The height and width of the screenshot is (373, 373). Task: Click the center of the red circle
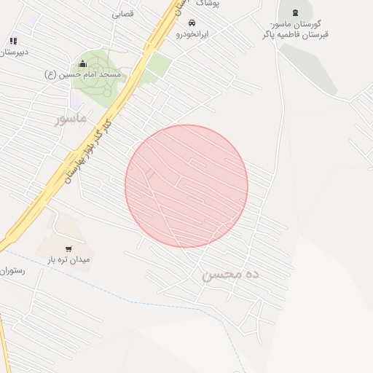(186, 186)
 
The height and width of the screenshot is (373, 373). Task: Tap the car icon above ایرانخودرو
(192, 23)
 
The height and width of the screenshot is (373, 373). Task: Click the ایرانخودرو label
(192, 34)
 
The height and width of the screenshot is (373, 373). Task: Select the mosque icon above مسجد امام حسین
(82, 63)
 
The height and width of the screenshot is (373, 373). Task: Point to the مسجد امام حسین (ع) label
(86, 74)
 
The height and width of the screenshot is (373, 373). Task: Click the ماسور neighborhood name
(70, 117)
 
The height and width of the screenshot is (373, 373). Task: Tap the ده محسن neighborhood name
(231, 275)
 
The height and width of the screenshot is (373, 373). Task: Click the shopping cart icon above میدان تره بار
(68, 248)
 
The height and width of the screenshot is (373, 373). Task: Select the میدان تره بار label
(69, 259)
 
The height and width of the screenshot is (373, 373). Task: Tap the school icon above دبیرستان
(12, 42)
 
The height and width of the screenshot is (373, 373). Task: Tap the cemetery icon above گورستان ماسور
(294, 12)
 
